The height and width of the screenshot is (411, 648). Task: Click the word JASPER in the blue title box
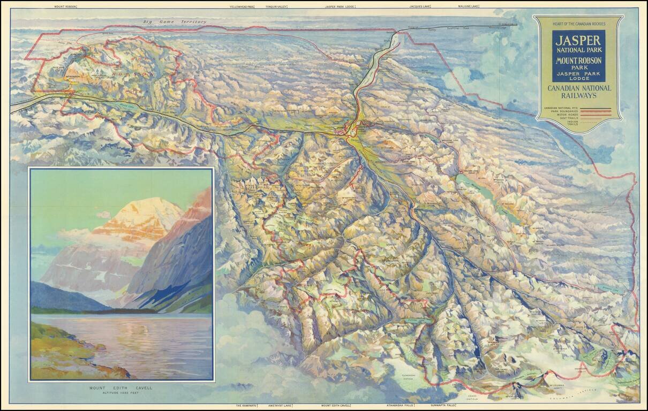pos(578,40)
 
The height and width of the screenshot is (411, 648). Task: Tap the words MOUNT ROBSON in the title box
pos(578,60)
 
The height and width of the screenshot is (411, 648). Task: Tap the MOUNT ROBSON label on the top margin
pos(66,6)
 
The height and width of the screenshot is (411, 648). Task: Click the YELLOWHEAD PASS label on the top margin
pos(242,6)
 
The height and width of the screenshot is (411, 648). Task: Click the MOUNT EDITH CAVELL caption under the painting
pos(122,387)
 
